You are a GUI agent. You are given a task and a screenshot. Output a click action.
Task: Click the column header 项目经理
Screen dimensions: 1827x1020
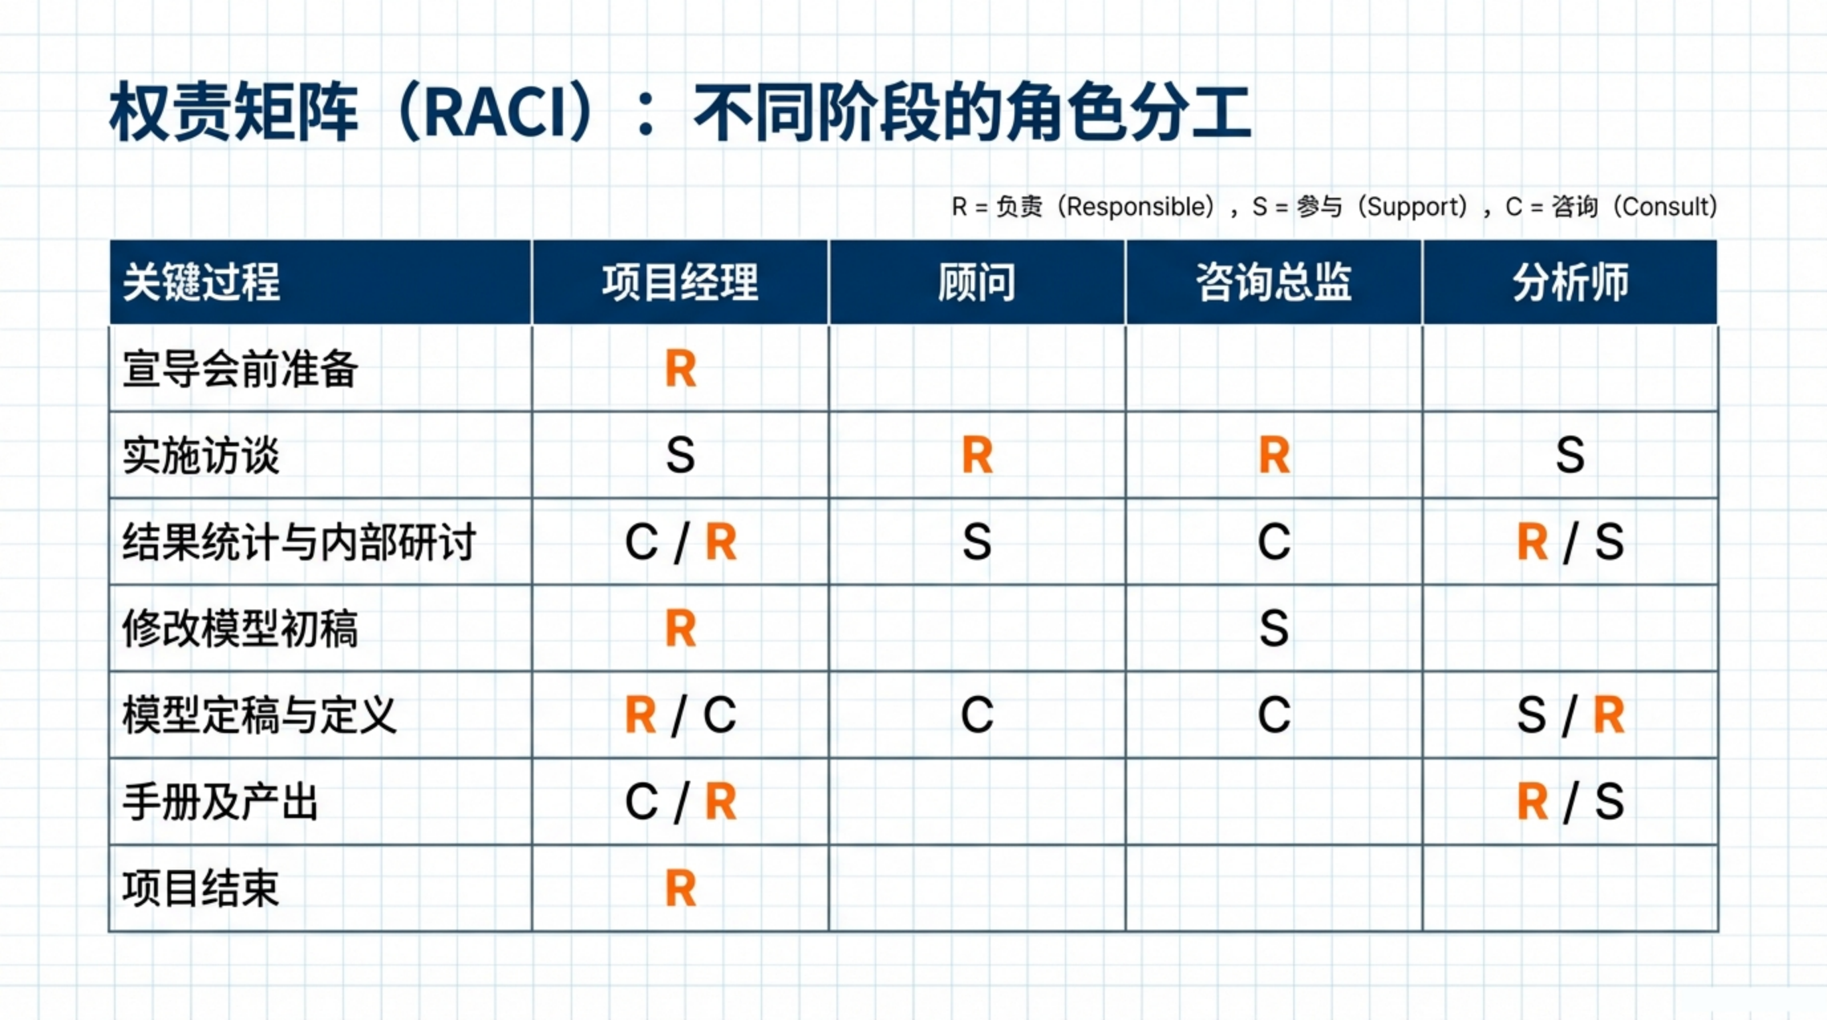click(680, 282)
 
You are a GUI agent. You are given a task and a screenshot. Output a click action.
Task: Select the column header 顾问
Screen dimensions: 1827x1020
click(977, 282)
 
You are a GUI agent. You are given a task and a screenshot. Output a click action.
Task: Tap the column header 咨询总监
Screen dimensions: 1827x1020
click(1274, 282)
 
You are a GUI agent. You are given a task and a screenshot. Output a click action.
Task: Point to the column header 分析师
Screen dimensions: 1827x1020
click(1570, 282)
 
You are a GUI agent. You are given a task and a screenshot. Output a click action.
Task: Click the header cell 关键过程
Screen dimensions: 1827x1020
click(201, 282)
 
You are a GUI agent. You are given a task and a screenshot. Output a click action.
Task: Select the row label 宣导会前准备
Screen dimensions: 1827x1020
click(240, 370)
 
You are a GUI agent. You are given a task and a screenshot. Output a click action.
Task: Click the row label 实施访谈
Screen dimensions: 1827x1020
click(201, 456)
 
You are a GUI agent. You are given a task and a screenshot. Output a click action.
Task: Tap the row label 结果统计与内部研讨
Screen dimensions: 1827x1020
click(299, 543)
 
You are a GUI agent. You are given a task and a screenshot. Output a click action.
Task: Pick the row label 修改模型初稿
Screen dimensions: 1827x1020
click(240, 629)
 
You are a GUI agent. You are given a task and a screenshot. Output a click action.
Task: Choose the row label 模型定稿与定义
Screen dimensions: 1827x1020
click(260, 716)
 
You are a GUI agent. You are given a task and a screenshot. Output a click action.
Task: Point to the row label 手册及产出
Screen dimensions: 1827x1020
click(220, 802)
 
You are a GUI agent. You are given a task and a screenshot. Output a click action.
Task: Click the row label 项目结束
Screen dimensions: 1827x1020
click(201, 889)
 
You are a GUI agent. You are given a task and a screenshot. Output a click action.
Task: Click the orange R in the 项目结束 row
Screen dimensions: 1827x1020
click(681, 889)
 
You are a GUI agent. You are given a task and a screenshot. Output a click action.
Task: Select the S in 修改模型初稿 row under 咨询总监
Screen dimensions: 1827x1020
click(1274, 629)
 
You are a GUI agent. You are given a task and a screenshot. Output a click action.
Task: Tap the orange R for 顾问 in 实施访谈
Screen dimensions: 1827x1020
click(977, 456)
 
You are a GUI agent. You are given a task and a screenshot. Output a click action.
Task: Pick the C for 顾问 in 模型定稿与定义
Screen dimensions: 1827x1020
click(977, 715)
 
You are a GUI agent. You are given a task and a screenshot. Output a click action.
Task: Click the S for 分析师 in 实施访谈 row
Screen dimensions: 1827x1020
click(1570, 456)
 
